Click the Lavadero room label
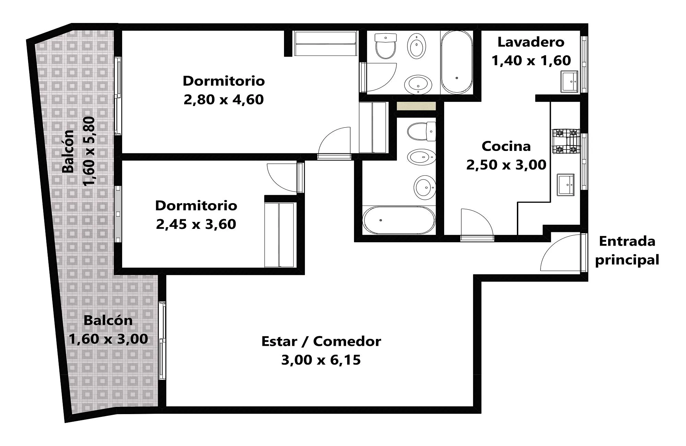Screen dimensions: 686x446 coord(531,42)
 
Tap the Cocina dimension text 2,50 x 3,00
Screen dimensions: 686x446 coord(506,165)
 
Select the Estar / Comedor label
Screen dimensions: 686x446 coord(321,341)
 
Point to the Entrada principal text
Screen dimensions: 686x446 coord(627,251)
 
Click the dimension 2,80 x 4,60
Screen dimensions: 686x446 coord(224,100)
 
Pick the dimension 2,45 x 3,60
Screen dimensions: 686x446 coord(196,224)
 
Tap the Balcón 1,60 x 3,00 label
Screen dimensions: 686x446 coord(108,329)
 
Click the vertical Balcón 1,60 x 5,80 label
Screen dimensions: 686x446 coord(78,151)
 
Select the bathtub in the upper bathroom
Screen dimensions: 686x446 coord(457,62)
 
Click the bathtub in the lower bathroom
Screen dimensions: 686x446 coord(399,220)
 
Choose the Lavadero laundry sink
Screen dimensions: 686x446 coord(569,81)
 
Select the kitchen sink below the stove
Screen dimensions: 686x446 coord(566,185)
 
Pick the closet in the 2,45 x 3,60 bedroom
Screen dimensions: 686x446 coord(280,235)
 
